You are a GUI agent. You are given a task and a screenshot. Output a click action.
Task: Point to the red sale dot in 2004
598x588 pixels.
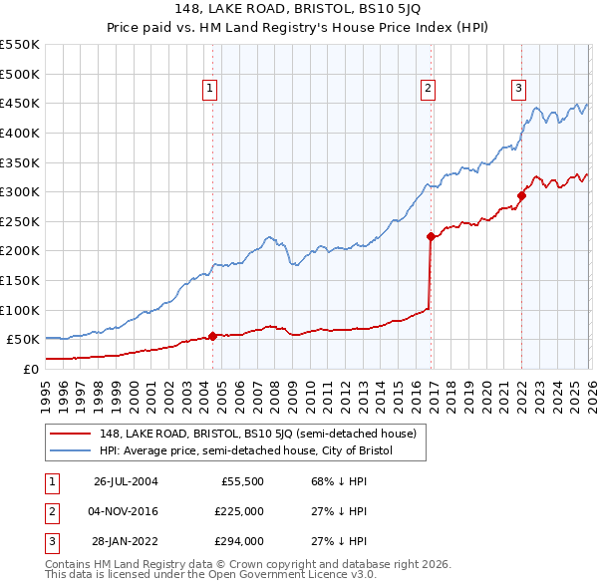(x=212, y=336)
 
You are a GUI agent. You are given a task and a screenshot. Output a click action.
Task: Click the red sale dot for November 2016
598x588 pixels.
(x=431, y=237)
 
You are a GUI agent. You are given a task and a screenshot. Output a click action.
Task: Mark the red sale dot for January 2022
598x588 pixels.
(x=521, y=195)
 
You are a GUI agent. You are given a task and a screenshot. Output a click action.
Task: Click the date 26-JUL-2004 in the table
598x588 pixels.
(x=126, y=481)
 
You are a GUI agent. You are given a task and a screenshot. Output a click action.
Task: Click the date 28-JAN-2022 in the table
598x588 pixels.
(x=126, y=541)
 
